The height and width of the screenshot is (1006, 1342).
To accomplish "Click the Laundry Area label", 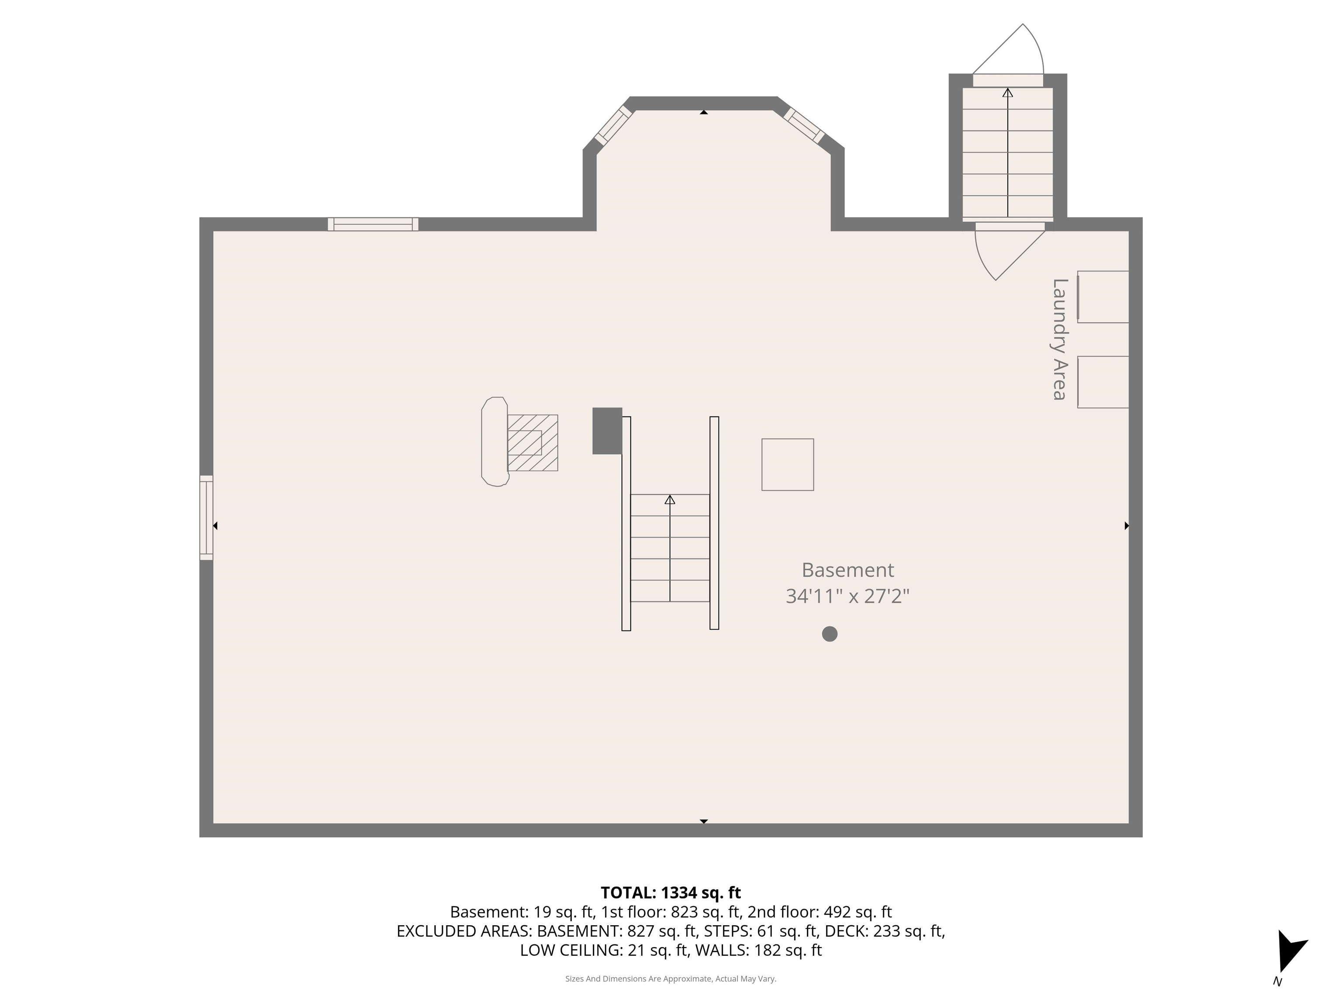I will [x=1059, y=340].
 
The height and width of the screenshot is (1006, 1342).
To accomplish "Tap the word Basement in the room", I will [x=847, y=570].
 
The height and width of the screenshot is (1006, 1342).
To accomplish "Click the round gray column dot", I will [x=829, y=634].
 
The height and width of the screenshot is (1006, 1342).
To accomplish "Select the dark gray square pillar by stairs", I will [x=607, y=431].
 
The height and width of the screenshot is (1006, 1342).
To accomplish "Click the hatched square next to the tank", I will [x=532, y=443].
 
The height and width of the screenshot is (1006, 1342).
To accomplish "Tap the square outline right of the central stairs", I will [x=788, y=465].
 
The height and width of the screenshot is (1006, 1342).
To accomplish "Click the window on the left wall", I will [x=206, y=517].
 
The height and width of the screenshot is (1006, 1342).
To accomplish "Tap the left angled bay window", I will [x=614, y=125].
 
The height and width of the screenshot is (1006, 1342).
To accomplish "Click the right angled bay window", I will [x=804, y=125].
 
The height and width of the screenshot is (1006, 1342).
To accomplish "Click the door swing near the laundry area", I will [x=1007, y=251].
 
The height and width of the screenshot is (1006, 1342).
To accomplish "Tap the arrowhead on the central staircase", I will [x=670, y=500].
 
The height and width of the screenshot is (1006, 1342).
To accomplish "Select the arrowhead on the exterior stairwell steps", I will [x=1008, y=93].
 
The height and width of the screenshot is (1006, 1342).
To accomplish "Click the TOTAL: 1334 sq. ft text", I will [x=671, y=892].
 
